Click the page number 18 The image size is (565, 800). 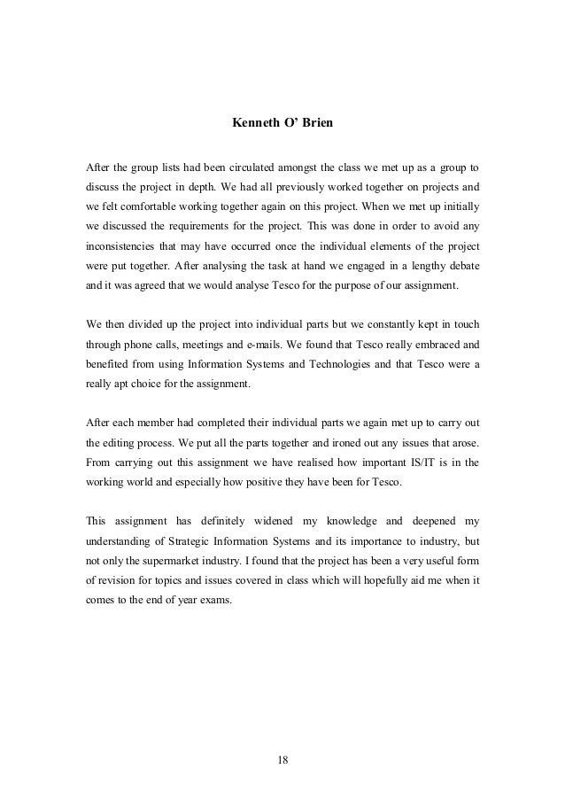tap(282, 759)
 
